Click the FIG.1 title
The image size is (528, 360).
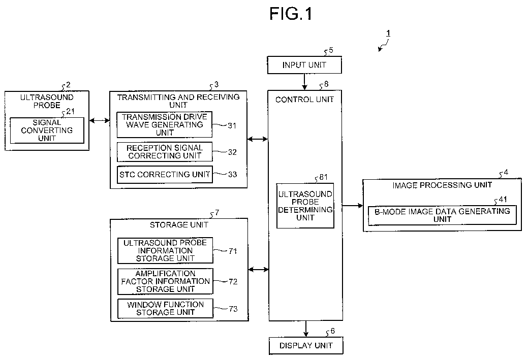coord(291,14)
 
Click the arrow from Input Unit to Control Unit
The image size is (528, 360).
coord(304,82)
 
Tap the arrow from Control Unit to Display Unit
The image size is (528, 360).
coord(306,329)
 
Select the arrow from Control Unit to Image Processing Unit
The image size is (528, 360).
coord(353,206)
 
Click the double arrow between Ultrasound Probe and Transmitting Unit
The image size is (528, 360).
coord(100,120)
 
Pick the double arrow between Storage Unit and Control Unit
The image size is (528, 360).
coord(259,269)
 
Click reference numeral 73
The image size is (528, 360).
coord(233,309)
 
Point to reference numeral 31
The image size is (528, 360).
coord(232,125)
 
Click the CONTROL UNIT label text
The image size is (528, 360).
coord(304,100)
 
